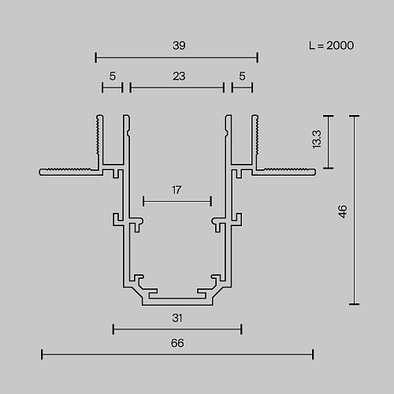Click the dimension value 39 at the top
(179, 46)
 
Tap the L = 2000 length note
(332, 46)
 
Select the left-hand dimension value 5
(113, 76)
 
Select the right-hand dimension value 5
(242, 76)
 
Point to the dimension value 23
(179, 76)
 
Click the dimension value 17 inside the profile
(177, 190)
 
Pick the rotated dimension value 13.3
(317, 139)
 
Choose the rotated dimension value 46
(343, 211)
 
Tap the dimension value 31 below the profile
(177, 318)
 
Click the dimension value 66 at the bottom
(177, 343)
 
